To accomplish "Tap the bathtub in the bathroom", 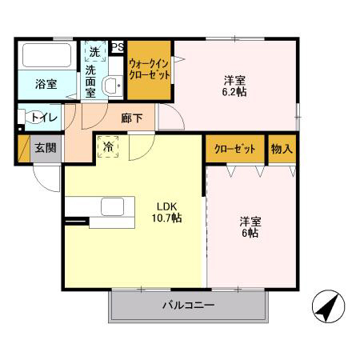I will (47, 55).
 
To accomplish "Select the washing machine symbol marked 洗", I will (94, 51).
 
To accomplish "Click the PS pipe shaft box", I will (117, 47).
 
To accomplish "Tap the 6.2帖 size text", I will (234, 92).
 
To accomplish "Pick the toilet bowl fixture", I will (26, 118).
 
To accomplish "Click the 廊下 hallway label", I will (133, 118).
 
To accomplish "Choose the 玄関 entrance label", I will (45, 148).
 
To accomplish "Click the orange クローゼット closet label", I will (234, 149).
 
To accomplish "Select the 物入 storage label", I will (282, 149).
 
